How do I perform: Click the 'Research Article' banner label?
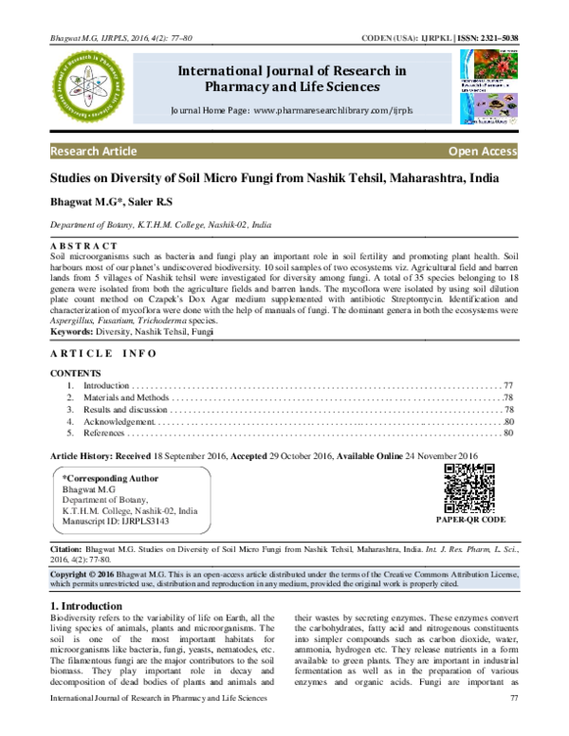pyautogui.click(x=93, y=152)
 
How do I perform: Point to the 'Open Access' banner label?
pyautogui.click(x=483, y=152)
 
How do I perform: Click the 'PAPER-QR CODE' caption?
pyautogui.click(x=470, y=521)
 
